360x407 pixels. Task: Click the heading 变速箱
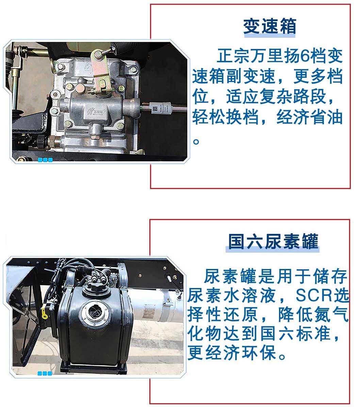269,26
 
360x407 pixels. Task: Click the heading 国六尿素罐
273,241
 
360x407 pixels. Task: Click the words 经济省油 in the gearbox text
309,117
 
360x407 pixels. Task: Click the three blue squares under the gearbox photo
45,159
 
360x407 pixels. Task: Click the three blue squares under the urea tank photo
45,373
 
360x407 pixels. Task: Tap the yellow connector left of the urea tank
45,313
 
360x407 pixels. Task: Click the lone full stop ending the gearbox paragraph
196,141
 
